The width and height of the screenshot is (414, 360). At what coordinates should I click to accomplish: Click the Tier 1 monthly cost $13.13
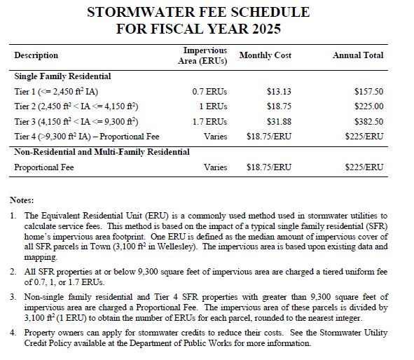(x=280, y=92)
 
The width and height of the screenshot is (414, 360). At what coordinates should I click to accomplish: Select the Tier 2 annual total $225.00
(x=369, y=106)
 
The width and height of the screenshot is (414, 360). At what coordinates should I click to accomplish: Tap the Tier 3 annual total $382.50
(x=369, y=121)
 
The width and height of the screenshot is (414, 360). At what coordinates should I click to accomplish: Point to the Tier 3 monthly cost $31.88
(x=280, y=121)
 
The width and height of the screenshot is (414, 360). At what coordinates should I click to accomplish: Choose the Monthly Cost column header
(x=265, y=55)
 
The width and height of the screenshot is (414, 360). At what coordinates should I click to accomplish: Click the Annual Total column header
(x=358, y=55)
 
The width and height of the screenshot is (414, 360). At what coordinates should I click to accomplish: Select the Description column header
(x=36, y=55)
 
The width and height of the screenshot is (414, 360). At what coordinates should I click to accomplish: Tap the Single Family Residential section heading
(x=62, y=76)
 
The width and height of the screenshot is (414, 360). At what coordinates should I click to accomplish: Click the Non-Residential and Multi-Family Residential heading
(x=102, y=152)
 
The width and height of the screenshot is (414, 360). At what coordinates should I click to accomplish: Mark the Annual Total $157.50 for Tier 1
(x=369, y=92)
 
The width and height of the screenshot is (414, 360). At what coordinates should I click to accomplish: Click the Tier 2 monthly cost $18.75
(x=280, y=106)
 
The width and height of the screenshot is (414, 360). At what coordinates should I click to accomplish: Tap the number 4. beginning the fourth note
(x=15, y=333)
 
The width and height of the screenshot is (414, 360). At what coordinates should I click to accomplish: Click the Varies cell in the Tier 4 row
(x=215, y=136)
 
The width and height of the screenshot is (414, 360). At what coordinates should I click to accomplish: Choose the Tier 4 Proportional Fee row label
(x=86, y=136)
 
